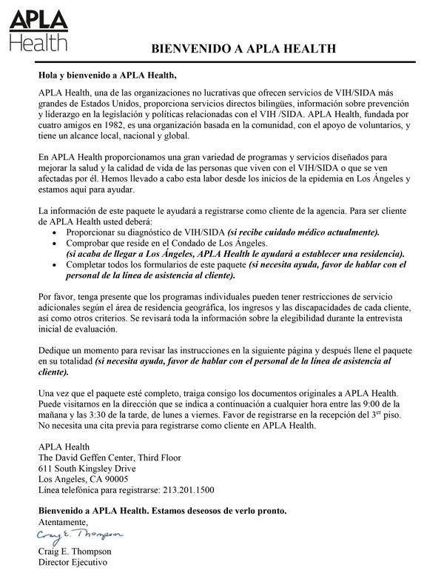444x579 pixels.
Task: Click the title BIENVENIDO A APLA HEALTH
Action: tap(244, 49)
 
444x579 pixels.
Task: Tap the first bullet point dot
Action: tap(60, 232)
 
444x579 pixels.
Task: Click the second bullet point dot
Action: tap(60, 244)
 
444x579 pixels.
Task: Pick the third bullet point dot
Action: tap(60, 265)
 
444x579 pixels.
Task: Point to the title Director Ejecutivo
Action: tap(74, 562)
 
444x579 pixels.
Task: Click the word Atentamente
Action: tap(67, 523)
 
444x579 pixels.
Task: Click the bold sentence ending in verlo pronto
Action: tap(162, 512)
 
